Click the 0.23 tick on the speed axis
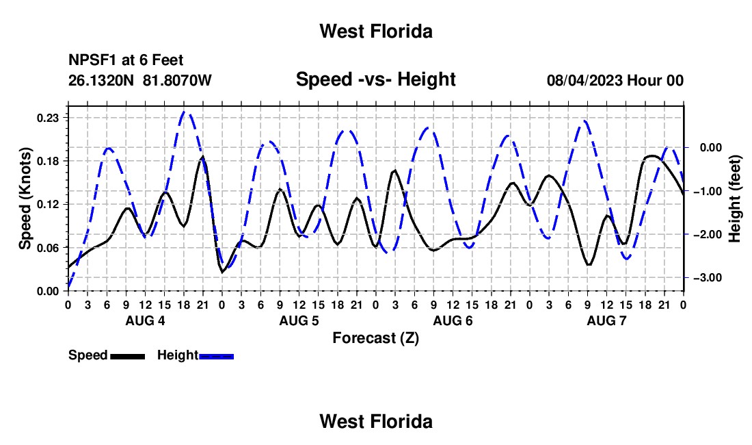pos(49,118)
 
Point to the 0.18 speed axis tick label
pos(49,161)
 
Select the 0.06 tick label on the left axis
pos(49,248)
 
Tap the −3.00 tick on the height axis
pos(708,278)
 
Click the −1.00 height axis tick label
pos(708,191)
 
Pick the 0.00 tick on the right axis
pos(711,147)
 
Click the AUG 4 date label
pos(146,320)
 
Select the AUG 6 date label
pos(453,320)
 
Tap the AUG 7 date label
pos(606,320)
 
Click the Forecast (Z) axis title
pos(376,338)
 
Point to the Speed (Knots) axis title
pos(25,199)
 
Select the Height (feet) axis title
pos(734,199)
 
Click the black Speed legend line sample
pos(128,356)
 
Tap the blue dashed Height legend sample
pos(216,356)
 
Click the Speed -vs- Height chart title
pos(376,79)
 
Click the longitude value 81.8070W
pos(177,80)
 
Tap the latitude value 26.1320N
pos(101,80)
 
